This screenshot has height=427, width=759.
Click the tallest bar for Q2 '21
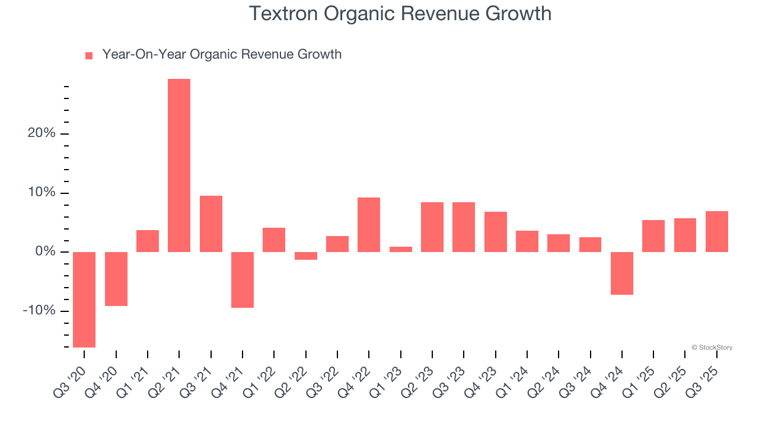(179, 165)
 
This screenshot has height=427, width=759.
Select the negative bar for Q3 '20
(84, 299)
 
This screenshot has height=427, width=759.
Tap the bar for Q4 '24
(622, 273)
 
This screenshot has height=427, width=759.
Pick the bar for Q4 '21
(243, 280)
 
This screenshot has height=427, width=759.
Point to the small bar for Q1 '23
(401, 249)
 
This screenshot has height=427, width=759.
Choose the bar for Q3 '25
(717, 231)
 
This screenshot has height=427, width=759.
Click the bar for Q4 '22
(369, 225)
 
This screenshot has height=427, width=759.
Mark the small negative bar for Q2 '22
(306, 256)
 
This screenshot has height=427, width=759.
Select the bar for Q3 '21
(211, 224)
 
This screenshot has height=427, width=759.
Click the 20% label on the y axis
(42, 133)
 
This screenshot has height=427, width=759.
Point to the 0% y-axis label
(45, 252)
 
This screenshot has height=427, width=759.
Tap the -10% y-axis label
(39, 311)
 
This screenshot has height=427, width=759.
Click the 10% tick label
(42, 193)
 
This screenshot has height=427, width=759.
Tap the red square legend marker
(89, 56)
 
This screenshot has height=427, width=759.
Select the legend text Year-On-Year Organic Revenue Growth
(222, 55)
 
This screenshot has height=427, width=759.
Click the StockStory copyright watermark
(712, 348)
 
